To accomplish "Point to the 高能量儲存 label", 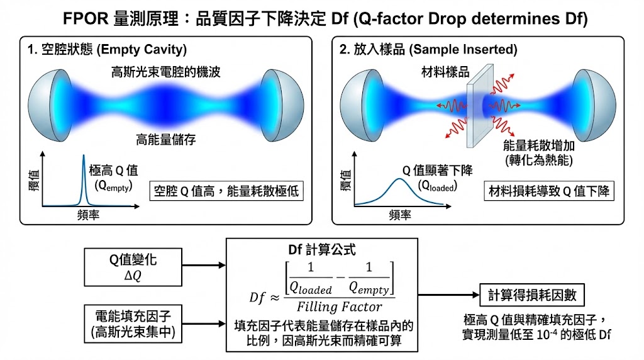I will pos(166,140).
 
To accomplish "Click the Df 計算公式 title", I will pos(321,249).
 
